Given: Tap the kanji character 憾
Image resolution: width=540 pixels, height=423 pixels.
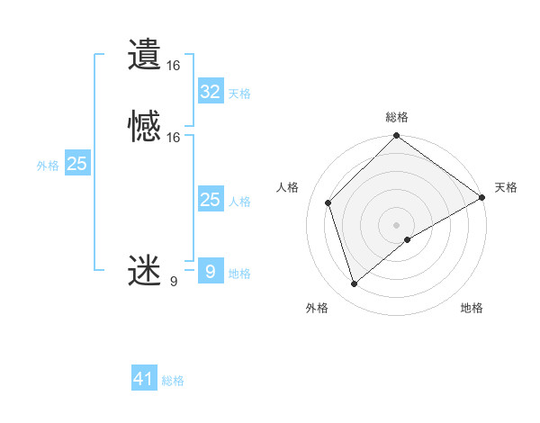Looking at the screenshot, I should pos(145,127).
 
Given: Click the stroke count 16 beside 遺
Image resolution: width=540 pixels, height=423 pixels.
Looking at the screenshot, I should pos(174,66).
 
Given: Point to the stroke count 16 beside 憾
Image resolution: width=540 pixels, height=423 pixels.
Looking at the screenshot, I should pos(174,138).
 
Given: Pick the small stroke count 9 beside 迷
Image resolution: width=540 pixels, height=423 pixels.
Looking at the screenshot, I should pos(174,282).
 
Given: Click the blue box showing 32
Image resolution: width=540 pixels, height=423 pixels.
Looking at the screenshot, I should pos(210,92).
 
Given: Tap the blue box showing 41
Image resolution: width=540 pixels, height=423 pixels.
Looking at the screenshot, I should pos(144,379).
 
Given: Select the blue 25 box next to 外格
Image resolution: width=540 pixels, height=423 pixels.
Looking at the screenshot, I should pos(77,164).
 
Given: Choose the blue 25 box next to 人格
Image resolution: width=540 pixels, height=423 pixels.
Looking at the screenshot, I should pos(210,200).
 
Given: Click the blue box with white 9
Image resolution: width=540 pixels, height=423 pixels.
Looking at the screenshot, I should pos(210,271).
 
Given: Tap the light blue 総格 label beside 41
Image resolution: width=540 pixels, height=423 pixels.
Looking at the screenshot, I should pos(173,381).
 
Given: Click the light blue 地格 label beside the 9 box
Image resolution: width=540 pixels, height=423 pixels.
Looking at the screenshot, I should pos(239,274).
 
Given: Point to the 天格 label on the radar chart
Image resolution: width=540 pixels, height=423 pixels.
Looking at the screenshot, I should pos(506,187).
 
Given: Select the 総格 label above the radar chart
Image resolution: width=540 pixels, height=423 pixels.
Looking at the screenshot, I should pos(397,117).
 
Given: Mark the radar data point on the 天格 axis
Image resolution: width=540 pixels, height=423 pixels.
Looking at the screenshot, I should pos(482,197).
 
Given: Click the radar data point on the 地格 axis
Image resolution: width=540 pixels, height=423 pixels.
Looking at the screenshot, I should pos(408,239).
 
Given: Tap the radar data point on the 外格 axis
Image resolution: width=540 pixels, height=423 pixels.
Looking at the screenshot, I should pos(354,284).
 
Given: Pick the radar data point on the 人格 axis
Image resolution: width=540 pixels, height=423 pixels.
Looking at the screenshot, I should pos(328,202).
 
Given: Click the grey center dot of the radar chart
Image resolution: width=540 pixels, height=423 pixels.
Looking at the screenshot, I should pos(397,225).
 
